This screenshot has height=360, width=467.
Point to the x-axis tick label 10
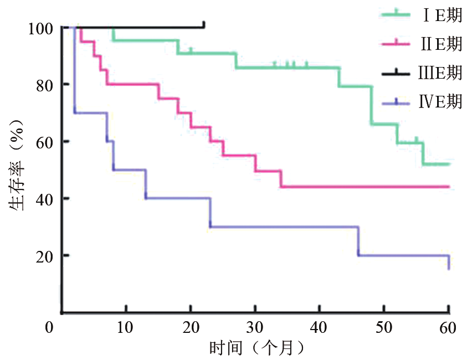pos(126,327)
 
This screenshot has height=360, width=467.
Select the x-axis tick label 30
pos(255,327)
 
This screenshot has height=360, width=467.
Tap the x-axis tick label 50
pos(384,327)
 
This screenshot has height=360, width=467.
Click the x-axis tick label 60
pos(448,327)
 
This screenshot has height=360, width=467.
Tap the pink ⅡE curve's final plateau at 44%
pos(366,187)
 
